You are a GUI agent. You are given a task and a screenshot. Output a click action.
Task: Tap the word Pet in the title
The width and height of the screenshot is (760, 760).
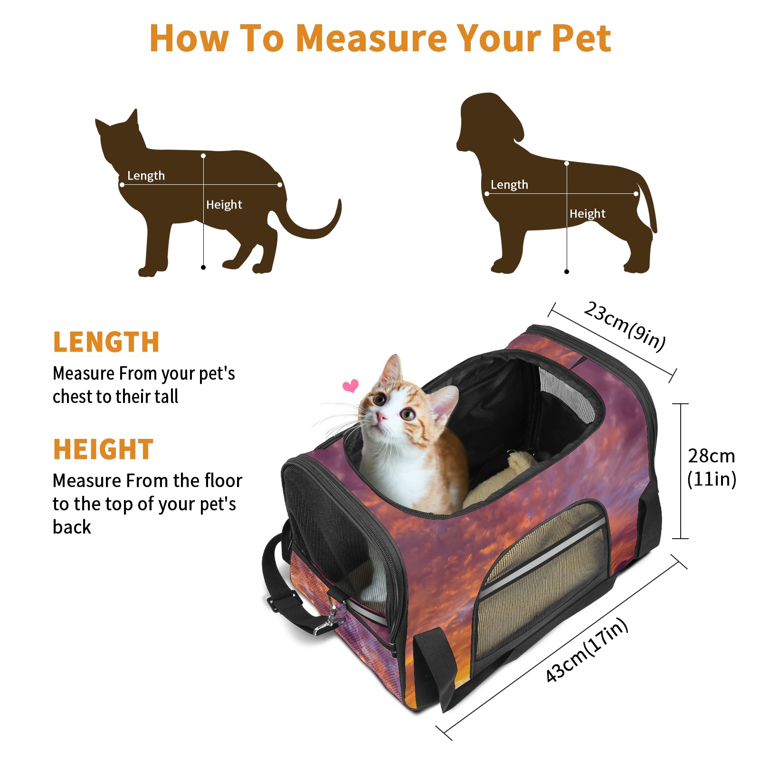pos(581,38)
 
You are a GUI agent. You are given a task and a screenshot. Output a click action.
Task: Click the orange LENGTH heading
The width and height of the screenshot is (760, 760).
pos(106,342)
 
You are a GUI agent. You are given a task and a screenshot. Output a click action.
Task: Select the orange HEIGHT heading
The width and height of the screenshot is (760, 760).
pos(103,449)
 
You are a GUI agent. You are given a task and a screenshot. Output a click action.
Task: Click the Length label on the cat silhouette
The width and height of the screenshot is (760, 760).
pos(146,176)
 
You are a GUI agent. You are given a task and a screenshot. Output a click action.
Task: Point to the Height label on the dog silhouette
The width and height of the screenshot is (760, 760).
pos(587,214)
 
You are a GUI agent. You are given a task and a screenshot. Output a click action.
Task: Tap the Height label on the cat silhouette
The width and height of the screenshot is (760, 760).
pos(224,205)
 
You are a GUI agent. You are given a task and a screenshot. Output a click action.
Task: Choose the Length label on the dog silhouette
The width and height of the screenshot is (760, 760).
pos(509,185)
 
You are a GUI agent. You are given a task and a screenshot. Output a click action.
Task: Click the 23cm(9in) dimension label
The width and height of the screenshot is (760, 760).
pos(625,326)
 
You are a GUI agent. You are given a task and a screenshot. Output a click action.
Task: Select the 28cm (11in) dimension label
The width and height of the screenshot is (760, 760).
pos(712,467)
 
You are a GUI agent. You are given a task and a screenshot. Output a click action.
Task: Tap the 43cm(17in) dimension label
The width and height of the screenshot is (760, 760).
pos(587,650)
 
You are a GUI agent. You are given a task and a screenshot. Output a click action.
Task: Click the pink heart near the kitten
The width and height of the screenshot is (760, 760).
pos(351,386)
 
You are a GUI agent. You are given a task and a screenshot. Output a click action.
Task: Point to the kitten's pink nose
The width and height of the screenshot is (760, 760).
pos(380,417)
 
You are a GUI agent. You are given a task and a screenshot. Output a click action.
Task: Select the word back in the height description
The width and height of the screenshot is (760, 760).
pos(72,527)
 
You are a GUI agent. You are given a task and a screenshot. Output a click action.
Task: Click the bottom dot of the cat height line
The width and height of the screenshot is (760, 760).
pos(203,267)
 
